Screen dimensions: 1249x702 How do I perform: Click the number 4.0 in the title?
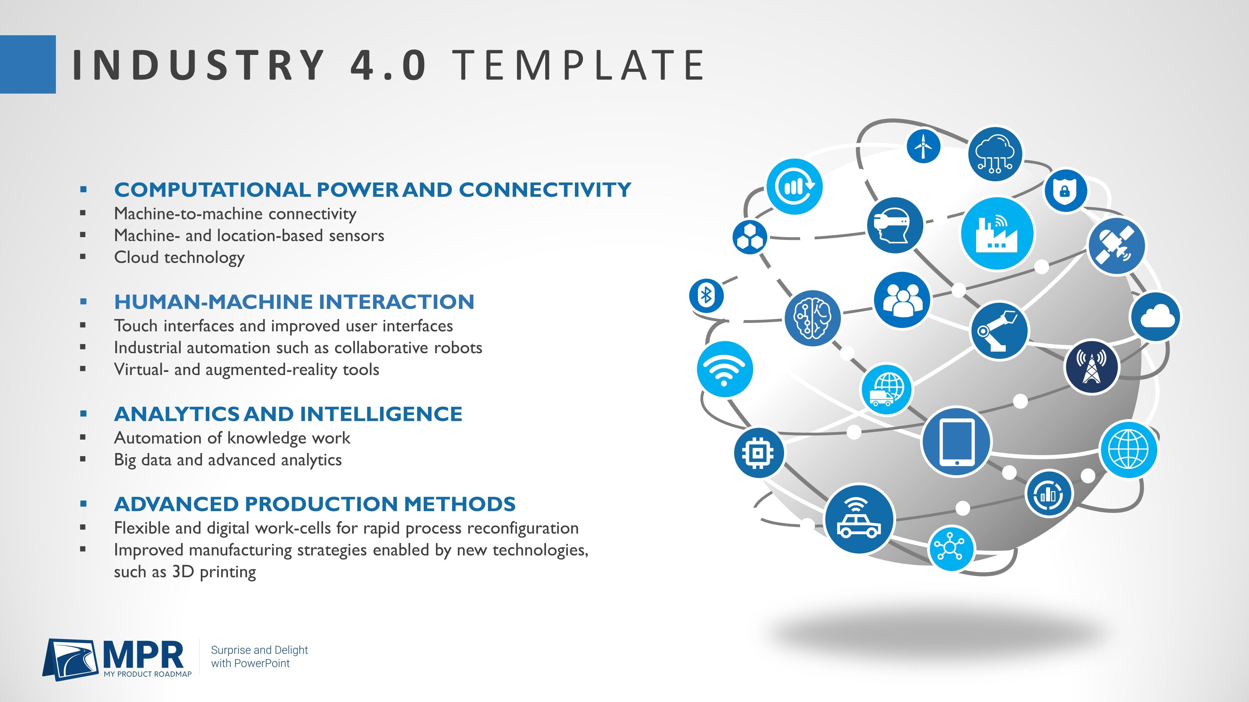pyautogui.click(x=388, y=65)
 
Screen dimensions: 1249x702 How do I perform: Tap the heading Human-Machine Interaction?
pyautogui.click(x=294, y=301)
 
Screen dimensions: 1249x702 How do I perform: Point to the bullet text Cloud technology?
pyautogui.click(x=180, y=257)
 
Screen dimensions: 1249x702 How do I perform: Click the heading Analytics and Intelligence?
pyautogui.click(x=288, y=414)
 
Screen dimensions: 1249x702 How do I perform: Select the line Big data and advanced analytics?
pyautogui.click(x=228, y=460)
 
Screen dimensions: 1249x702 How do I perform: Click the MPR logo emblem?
pyautogui.click(x=72, y=659)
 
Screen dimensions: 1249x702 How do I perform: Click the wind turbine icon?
pyautogui.click(x=923, y=146)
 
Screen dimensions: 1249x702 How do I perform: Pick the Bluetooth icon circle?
pyautogui.click(x=706, y=295)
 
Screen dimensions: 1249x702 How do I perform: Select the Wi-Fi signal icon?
pyautogui.click(x=724, y=369)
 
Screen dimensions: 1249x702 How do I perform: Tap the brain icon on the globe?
pyautogui.click(x=812, y=318)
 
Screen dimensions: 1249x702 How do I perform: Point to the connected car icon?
pyautogui.click(x=859, y=519)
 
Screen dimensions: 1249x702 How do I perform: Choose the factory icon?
pyautogui.click(x=997, y=233)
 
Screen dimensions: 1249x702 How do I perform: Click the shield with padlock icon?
pyautogui.click(x=1065, y=190)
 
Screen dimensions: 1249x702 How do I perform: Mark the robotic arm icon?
pyautogui.click(x=999, y=331)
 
